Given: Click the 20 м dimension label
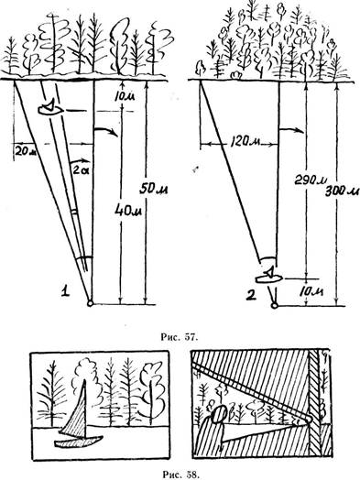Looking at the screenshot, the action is (25, 151).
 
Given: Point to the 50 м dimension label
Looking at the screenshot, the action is (153, 190).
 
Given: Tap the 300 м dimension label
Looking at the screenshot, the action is (342, 191).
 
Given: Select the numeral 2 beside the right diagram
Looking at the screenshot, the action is (250, 296).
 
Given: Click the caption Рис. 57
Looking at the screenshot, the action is (180, 337).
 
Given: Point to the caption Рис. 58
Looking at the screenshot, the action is (180, 475).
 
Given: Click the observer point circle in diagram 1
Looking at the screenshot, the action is (90, 303).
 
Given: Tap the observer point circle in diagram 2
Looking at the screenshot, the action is (275, 305).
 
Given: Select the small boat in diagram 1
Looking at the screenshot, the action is (50, 108).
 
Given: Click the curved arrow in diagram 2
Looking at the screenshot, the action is (291, 130).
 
